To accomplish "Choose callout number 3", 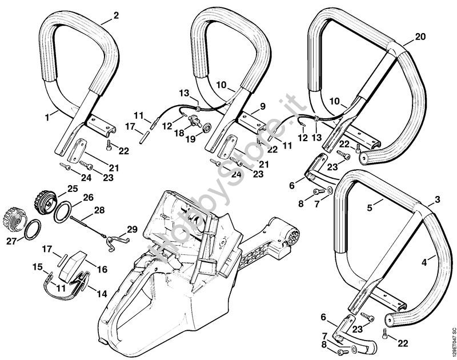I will (x=437, y=199).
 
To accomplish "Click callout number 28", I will (x=99, y=211).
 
